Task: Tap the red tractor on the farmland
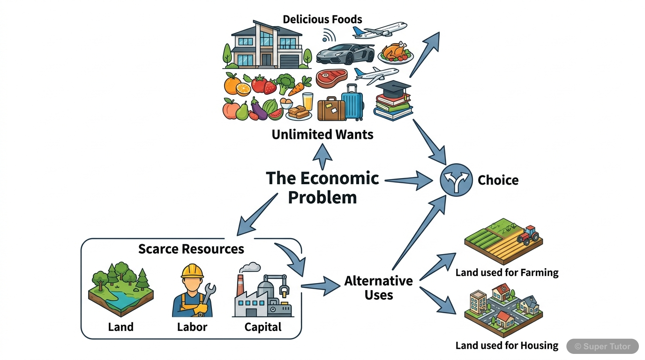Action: (528, 235)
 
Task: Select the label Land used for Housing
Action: (507, 346)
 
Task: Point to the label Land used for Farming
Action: (507, 272)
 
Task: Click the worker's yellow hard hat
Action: (192, 271)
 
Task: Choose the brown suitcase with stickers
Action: (331, 109)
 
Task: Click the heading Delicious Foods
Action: (322, 19)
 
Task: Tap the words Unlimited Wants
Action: (322, 135)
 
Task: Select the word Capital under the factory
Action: (263, 327)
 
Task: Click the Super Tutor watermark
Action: (603, 346)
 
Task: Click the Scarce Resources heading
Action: (191, 249)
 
